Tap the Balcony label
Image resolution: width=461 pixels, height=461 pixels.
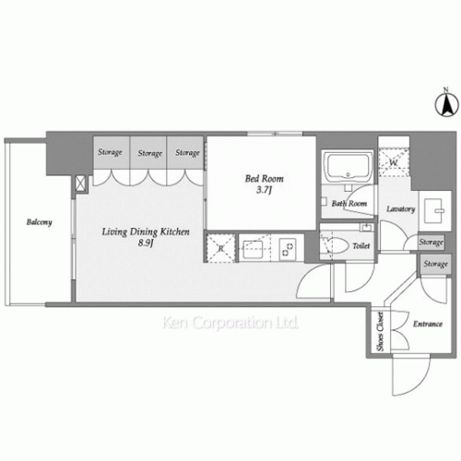click(39, 222)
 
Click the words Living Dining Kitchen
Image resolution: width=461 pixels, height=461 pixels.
click(146, 233)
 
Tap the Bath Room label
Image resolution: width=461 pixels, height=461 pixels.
click(350, 204)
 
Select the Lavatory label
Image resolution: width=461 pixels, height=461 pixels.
click(400, 209)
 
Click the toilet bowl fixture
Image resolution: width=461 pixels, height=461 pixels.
click(335, 245)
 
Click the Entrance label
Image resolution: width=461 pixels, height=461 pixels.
click(427, 324)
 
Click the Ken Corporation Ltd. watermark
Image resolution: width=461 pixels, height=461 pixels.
click(230, 324)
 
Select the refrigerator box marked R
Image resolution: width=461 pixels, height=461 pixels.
click(220, 246)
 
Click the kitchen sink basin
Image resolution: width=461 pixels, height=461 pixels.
click(254, 247)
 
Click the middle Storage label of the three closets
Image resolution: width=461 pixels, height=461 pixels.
click(150, 153)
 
